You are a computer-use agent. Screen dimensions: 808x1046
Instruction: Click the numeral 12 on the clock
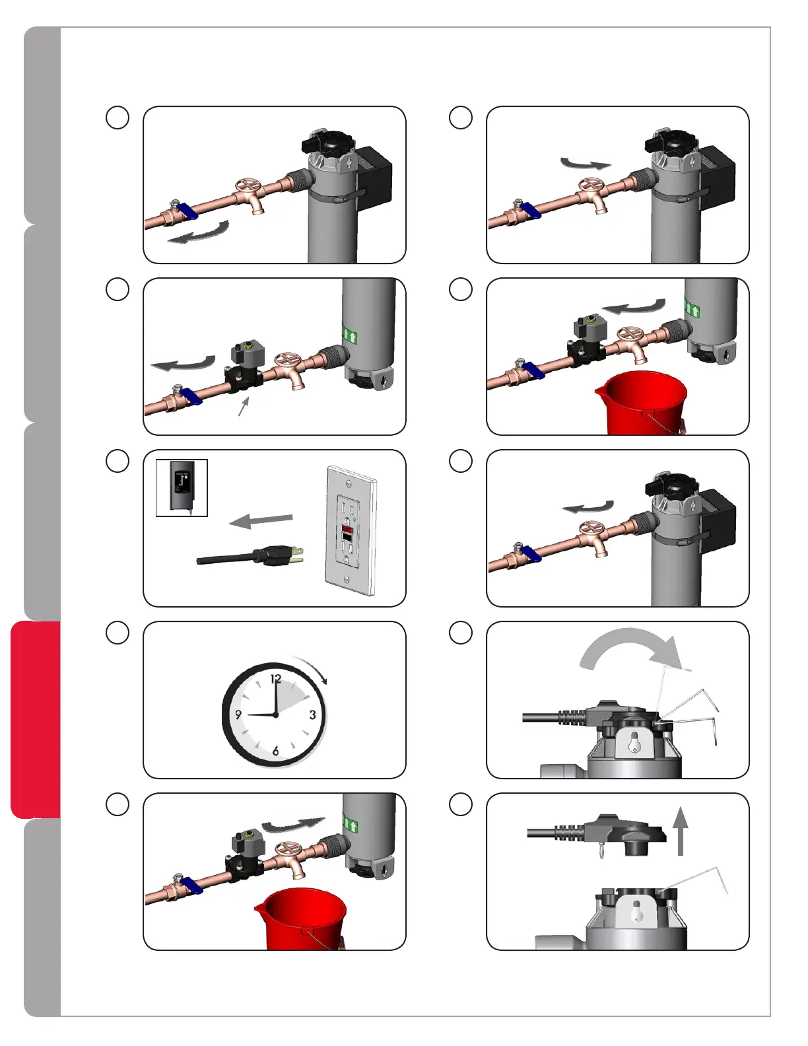275,679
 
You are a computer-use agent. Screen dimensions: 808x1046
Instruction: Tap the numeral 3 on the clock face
312,715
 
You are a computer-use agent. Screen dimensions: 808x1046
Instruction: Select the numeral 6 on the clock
275,751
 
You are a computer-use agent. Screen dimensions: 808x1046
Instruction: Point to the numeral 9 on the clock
238,715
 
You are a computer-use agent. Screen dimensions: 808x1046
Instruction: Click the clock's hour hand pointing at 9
261,715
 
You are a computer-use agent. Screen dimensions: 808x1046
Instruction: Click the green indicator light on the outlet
354,520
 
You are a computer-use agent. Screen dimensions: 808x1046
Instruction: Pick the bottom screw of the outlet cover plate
346,578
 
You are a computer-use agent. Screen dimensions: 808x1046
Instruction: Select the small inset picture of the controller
182,487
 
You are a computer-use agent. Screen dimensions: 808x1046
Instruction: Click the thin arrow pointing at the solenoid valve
244,406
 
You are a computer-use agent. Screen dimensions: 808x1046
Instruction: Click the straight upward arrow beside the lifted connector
680,831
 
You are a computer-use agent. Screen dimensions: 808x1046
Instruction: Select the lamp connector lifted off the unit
597,835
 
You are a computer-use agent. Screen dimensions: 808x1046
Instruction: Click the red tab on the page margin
36,720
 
